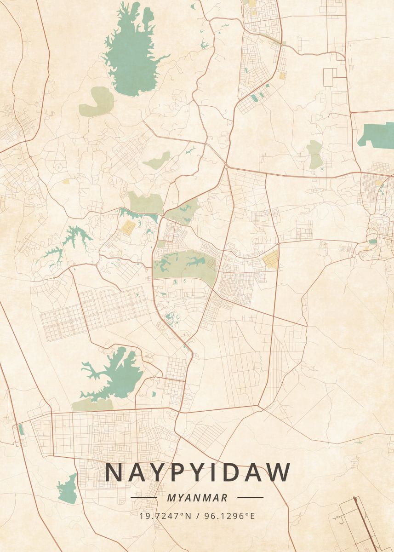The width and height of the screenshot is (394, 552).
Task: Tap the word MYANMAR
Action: pos(197,498)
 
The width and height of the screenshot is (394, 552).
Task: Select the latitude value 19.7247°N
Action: pos(165,516)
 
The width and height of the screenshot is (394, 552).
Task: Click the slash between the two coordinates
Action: pos(197,516)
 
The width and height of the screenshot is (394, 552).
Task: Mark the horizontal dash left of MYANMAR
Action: pos(143,497)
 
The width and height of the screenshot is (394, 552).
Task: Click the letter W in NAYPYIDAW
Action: pos(278,472)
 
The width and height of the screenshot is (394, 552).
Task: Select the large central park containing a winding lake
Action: pos(184,267)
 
